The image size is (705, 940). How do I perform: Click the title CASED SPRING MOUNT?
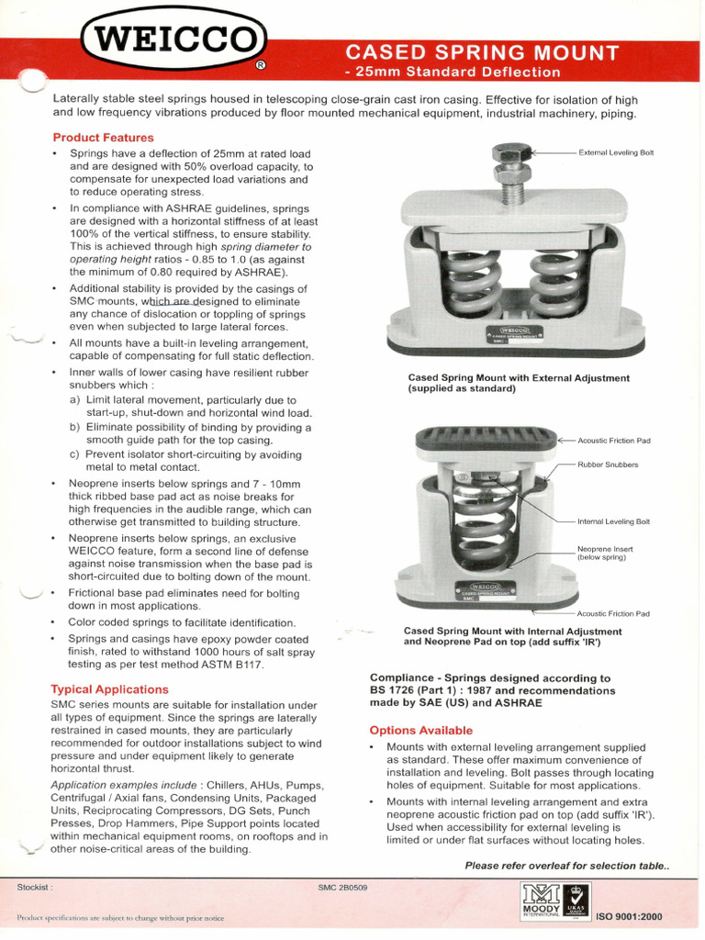pyautogui.click(x=481, y=51)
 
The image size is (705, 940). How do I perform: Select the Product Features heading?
pyautogui.click(x=103, y=138)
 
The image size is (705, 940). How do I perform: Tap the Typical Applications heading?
pyautogui.click(x=109, y=688)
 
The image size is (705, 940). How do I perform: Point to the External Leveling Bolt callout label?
pyautogui.click(x=616, y=151)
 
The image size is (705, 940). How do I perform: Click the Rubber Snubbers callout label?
pyautogui.click(x=608, y=464)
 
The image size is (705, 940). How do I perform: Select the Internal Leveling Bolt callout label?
pyautogui.click(x=613, y=521)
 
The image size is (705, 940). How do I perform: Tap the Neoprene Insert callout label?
pyautogui.click(x=602, y=553)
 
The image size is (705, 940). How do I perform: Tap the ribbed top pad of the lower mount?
pyautogui.click(x=486, y=440)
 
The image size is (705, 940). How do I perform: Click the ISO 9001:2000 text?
pyautogui.click(x=629, y=917)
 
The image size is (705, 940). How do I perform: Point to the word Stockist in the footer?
pyautogui.click(x=35, y=888)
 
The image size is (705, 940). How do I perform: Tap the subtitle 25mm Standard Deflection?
pyautogui.click(x=452, y=72)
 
